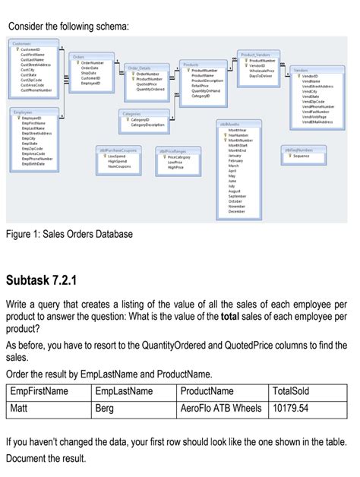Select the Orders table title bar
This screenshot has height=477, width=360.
[x=78, y=56]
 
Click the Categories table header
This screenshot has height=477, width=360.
[x=134, y=113]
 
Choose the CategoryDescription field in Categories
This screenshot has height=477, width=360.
[x=144, y=125]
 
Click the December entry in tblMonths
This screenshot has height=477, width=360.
[x=236, y=210]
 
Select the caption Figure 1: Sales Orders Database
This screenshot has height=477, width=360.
[x=69, y=234]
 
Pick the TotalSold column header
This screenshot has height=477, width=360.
[x=291, y=391]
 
